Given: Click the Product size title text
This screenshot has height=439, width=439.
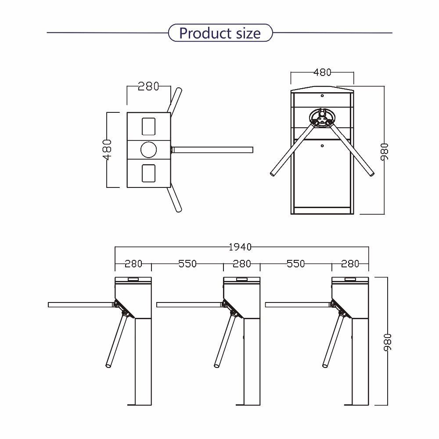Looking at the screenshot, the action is point(220,33).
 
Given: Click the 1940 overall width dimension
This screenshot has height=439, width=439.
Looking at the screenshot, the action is point(240,247).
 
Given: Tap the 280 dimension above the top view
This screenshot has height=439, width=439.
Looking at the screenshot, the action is point(148,86).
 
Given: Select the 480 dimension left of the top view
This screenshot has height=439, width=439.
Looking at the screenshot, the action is point(107,150).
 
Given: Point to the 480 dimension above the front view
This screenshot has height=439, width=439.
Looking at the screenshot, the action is point(322,72).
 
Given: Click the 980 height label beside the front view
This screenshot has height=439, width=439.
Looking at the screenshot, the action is point(385,152).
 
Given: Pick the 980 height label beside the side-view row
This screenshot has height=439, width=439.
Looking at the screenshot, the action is point(388,342).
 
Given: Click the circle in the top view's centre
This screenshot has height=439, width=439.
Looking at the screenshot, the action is point(149,150).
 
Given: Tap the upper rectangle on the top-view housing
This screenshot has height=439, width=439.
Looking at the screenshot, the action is point(149,126).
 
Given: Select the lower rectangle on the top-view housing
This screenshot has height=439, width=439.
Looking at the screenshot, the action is point(149,173).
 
